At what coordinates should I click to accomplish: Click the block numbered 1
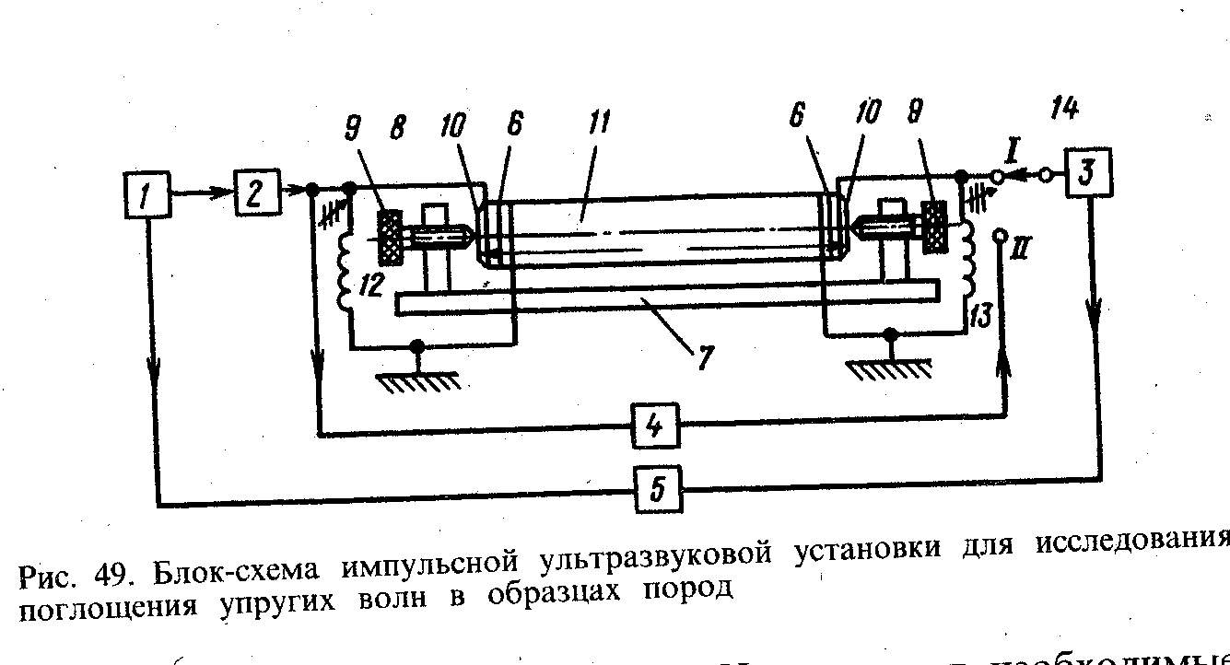tap(147, 195)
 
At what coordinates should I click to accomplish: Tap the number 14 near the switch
tap(1062, 111)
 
